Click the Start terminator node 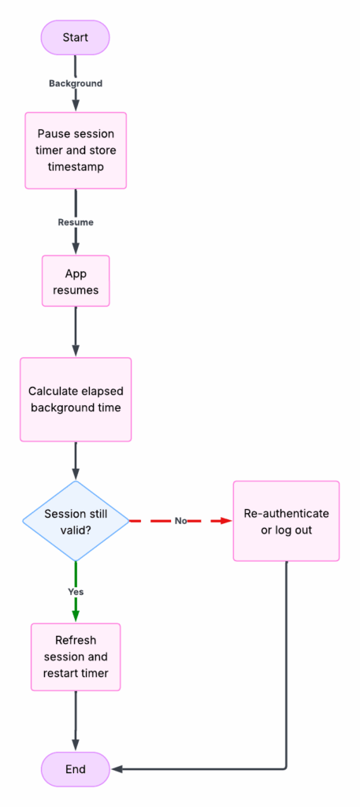76,37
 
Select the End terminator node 76,768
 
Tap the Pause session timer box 76,150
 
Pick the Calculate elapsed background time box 76,399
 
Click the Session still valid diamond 76,521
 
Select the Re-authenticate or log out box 286,521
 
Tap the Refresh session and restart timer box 76,656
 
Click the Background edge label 76,83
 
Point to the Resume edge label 76,222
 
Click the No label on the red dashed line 180,521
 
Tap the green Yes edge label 76,591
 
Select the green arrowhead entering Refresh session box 76,616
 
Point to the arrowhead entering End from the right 117,768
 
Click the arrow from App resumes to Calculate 76,331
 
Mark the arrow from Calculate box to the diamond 76,461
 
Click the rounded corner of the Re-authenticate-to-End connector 284,766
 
